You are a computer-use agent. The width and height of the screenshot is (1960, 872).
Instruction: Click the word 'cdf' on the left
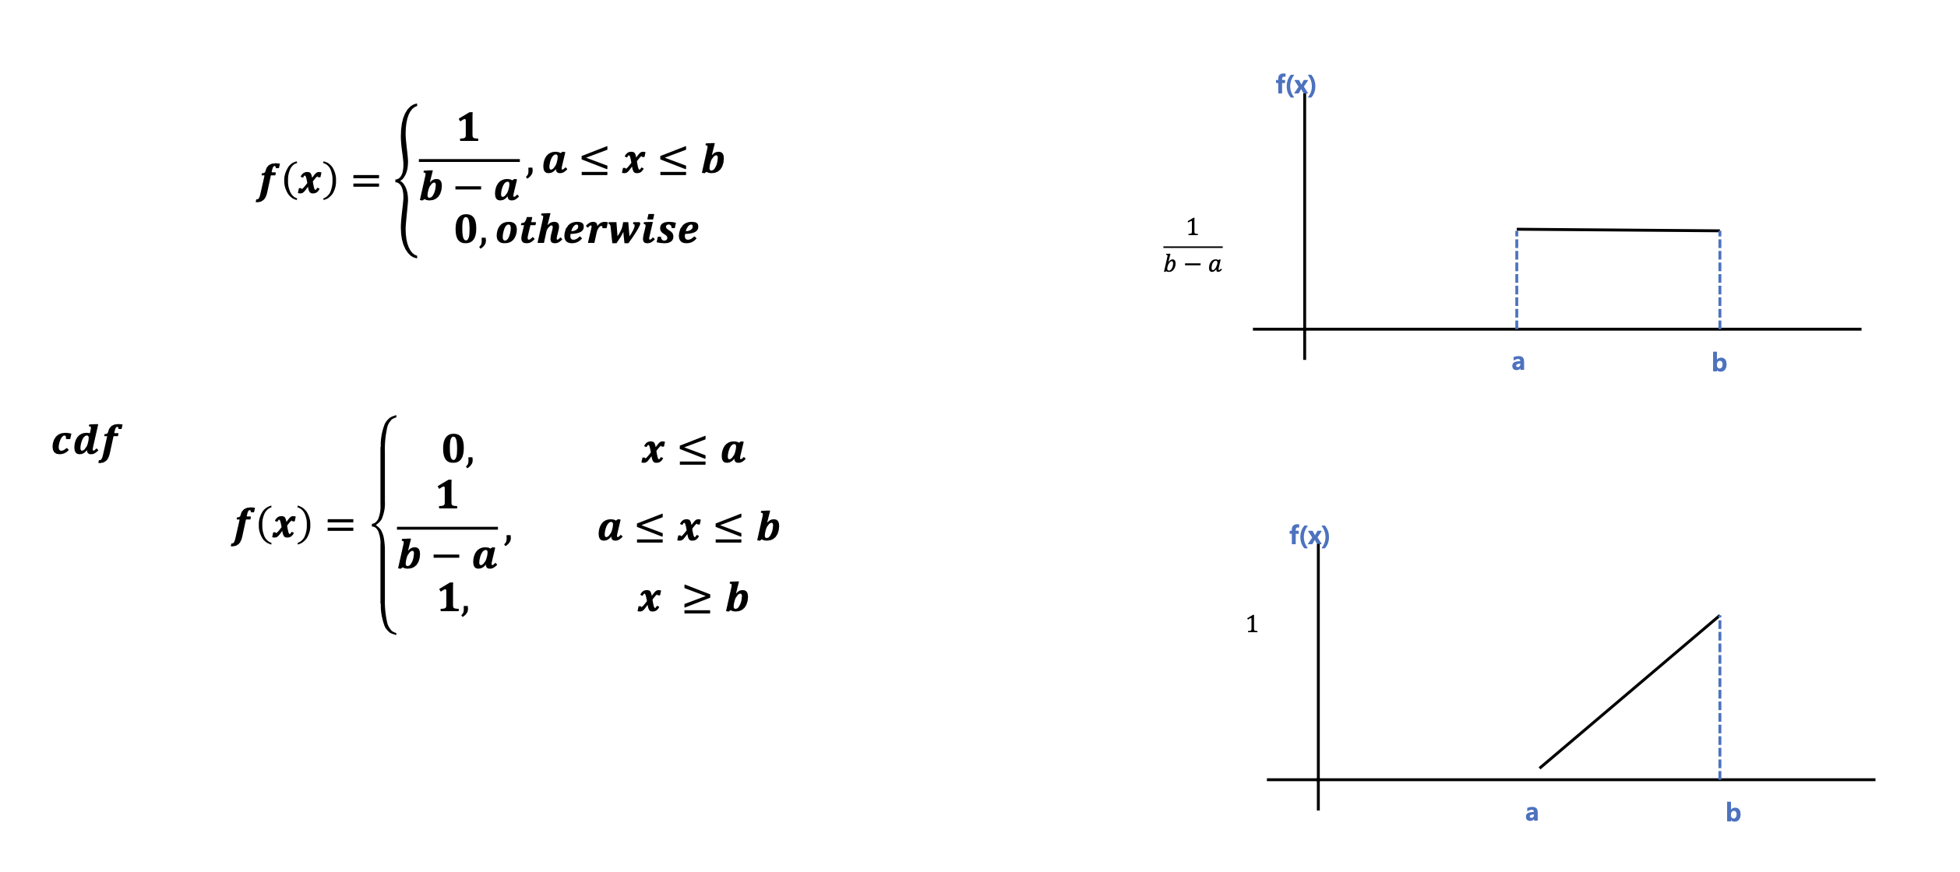coord(86,441)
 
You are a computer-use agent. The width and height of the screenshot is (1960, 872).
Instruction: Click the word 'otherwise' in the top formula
coord(598,230)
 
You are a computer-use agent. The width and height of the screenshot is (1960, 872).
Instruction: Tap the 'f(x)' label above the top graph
coord(1296,84)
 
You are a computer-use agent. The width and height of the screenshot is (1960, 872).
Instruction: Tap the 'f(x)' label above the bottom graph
coord(1309,535)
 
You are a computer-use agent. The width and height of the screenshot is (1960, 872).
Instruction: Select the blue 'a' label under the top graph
coord(1518,362)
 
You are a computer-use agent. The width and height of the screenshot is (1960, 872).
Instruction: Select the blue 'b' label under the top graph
coord(1719,362)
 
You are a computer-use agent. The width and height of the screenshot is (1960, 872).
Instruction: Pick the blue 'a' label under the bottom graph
coord(1532,813)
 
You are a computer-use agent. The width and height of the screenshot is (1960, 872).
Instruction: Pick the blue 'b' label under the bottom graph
coord(1733,813)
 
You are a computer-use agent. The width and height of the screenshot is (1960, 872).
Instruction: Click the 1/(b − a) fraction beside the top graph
coord(1193,246)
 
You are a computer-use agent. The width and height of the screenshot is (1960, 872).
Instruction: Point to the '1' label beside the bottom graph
coord(1252,624)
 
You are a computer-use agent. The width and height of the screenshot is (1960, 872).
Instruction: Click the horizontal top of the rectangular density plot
coord(1618,230)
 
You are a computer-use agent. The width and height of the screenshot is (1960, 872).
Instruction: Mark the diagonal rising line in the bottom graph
coord(1630,692)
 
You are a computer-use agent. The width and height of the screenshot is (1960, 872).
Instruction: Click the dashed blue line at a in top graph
coord(1517,280)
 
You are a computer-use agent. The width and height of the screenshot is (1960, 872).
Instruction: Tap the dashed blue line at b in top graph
coord(1719,280)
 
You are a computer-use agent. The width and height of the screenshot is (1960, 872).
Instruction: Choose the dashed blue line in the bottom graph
coord(1719,698)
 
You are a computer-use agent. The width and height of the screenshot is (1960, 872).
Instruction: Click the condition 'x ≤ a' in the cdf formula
coord(693,451)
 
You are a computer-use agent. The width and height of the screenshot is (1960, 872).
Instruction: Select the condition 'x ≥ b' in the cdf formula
coord(693,599)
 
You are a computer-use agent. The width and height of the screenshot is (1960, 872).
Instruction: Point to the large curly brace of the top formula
coord(407,181)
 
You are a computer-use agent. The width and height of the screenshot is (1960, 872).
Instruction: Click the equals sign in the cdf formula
coord(340,526)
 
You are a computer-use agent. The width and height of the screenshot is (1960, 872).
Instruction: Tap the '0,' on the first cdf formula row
coord(458,450)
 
